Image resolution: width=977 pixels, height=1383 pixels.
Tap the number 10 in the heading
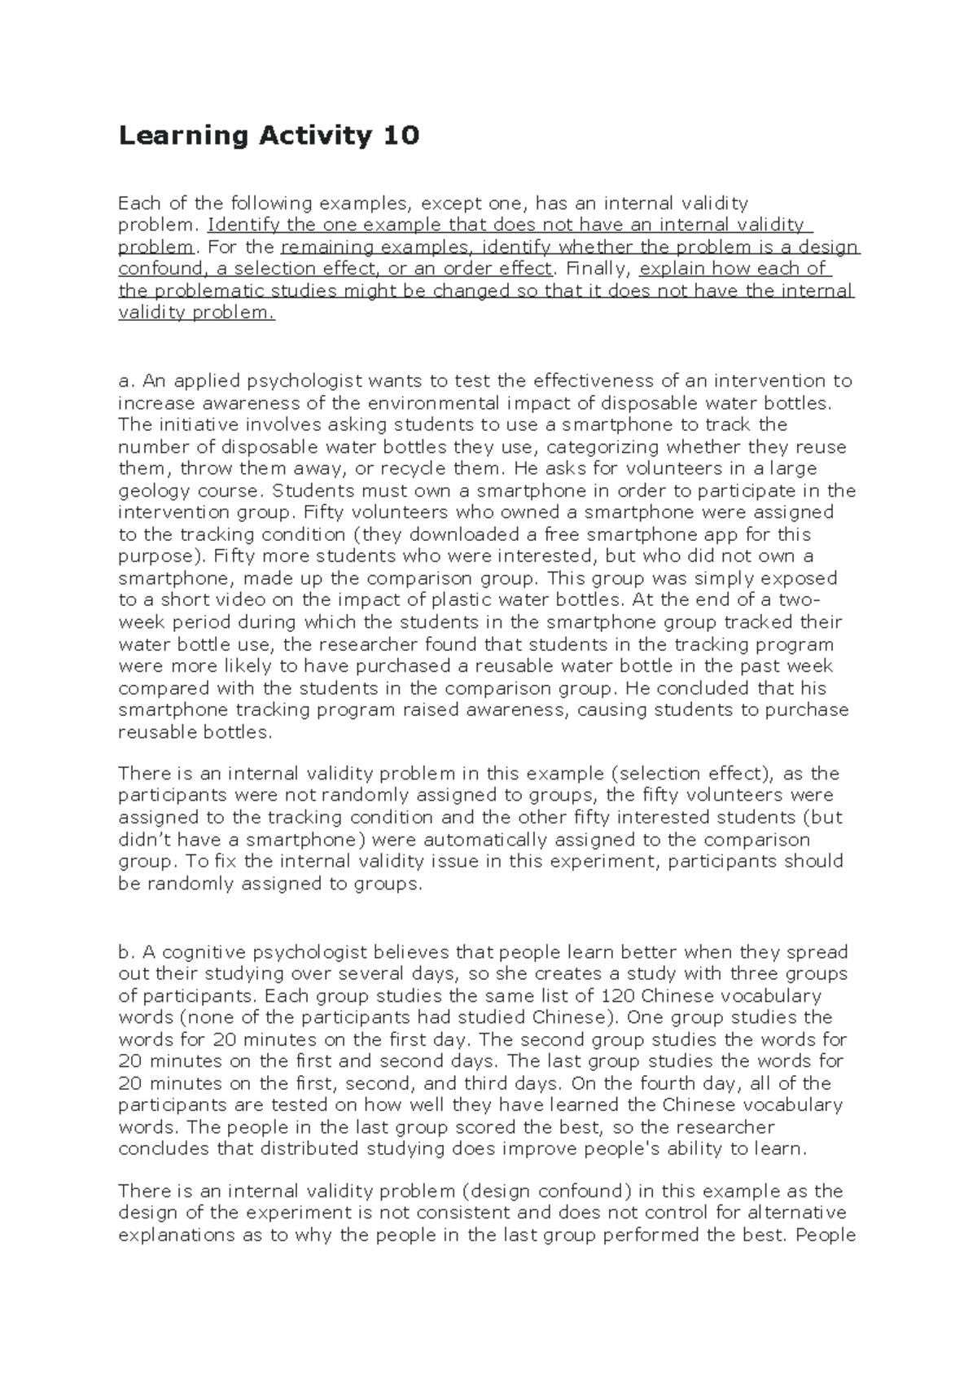click(399, 135)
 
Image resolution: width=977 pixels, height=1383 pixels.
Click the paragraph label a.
click(125, 380)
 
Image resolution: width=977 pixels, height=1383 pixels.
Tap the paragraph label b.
click(125, 951)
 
